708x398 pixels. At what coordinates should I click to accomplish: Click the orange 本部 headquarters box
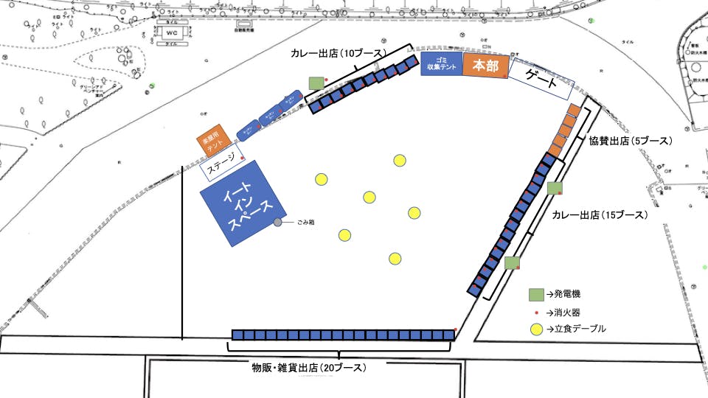tap(485, 66)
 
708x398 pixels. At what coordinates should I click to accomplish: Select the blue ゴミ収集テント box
tap(441, 65)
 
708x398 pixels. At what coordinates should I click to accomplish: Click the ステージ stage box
tap(222, 168)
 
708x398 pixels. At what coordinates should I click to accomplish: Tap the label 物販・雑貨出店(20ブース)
tap(309, 366)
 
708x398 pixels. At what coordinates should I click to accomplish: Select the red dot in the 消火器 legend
tap(536, 312)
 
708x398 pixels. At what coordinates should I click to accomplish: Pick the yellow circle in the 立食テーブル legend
tap(536, 329)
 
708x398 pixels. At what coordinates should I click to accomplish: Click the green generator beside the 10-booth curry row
tap(316, 83)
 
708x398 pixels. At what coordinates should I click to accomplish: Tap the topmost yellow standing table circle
tap(400, 161)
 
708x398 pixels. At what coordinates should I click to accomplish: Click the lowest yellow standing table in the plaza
tap(395, 258)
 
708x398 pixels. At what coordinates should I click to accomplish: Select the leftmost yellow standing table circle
tap(322, 179)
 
